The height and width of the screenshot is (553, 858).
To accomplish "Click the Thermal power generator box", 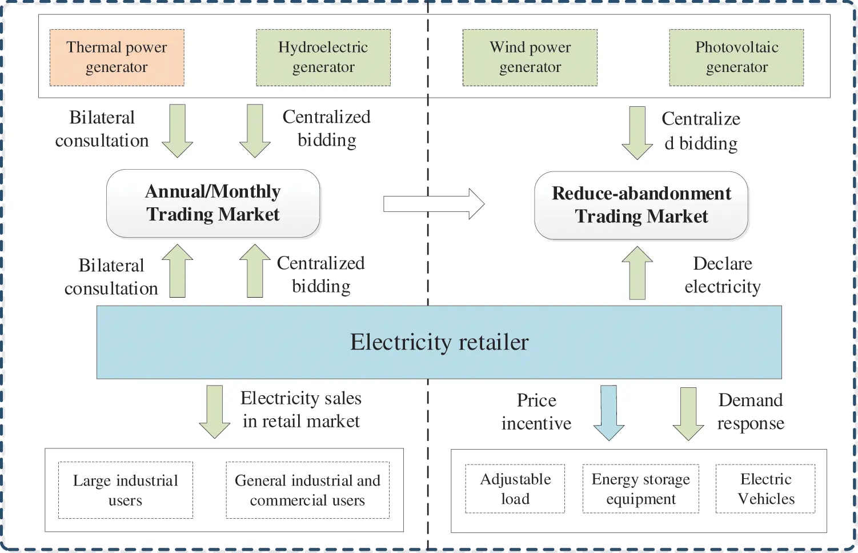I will [x=117, y=58].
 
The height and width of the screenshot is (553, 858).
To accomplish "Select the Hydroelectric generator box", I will [x=323, y=58].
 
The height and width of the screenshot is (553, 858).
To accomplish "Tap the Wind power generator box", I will [x=530, y=58].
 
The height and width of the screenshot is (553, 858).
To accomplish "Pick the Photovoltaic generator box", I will [x=736, y=58].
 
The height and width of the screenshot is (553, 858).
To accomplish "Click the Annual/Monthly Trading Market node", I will [x=213, y=203].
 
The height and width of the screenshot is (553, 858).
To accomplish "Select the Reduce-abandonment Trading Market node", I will [x=641, y=205].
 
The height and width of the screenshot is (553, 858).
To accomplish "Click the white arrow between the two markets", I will [x=434, y=204].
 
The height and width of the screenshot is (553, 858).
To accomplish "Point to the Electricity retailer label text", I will [x=439, y=342].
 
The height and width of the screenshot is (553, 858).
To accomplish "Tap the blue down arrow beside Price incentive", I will [x=609, y=412].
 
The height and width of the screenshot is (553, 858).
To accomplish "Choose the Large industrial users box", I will [x=126, y=490].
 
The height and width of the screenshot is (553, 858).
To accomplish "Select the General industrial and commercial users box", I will [x=307, y=490].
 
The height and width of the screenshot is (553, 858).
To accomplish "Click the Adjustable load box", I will [x=515, y=489].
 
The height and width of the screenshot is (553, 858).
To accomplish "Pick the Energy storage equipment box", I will [x=640, y=489].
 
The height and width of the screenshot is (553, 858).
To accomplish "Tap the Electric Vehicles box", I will [x=765, y=489].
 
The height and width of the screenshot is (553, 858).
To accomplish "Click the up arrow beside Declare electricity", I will [x=637, y=273].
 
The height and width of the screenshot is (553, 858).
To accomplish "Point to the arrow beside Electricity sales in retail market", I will [x=214, y=412].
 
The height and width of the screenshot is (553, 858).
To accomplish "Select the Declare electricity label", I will [x=722, y=275].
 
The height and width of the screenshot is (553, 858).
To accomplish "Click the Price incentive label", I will [x=536, y=412].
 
